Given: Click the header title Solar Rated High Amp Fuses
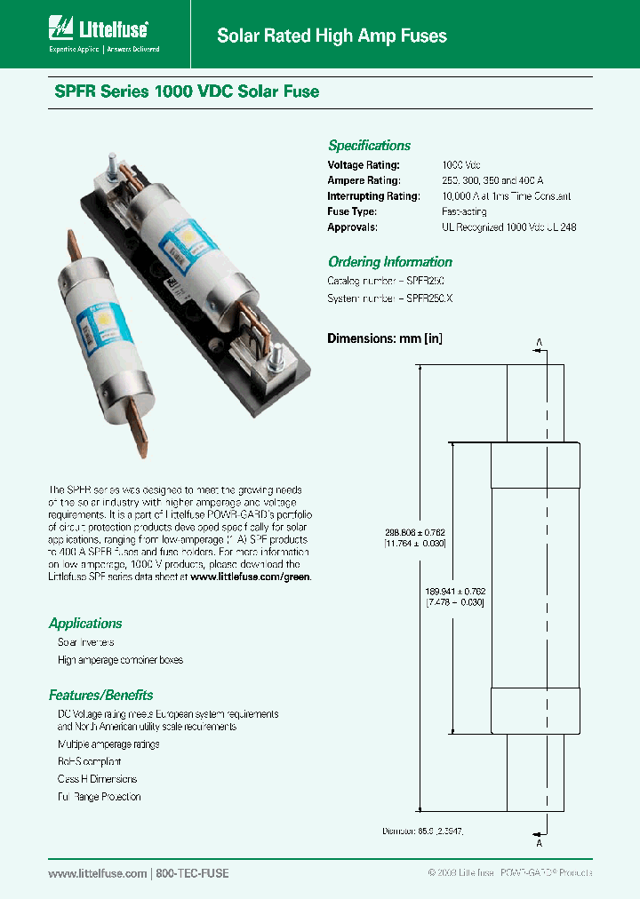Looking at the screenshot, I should pos(332,36).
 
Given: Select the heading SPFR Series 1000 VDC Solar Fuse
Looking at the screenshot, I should pos(183,91).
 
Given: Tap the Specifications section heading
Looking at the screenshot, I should pos(369,146).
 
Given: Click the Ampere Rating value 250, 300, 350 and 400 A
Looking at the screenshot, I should pos(492,180).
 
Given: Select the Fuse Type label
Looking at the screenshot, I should pos(352,211).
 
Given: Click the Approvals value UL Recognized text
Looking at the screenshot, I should pos(508,227).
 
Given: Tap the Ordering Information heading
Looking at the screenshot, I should pos(389,262).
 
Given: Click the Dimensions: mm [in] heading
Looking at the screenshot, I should pos(385,338).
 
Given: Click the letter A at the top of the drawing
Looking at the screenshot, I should pos(539,340).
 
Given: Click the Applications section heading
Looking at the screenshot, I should pos(85,624).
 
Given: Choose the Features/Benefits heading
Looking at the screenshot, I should pos(100,696).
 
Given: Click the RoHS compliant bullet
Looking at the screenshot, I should pos(89,761).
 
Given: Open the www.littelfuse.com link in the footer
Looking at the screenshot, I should pos(97,873).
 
